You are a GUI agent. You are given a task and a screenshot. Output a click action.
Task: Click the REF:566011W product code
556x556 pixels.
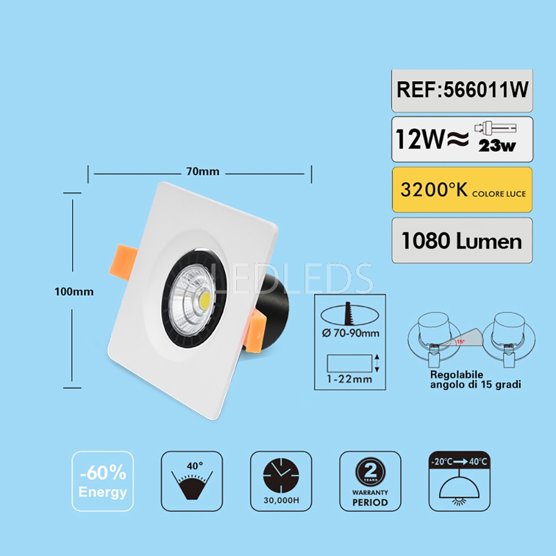pos(463,90)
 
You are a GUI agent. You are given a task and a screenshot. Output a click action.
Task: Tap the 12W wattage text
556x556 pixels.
pos(420,140)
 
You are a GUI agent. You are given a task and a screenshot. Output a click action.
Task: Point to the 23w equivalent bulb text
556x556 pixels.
pos(497,145)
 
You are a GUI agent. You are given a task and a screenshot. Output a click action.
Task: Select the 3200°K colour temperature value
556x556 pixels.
pos(434,190)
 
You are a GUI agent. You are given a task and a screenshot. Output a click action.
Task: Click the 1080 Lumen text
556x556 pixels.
pos(461,241)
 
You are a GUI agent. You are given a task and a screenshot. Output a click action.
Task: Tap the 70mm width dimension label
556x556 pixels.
pos(203,172)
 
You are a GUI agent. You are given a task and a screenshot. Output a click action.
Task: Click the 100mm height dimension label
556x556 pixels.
pos(74,292)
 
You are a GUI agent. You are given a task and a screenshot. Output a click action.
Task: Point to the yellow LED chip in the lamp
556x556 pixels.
pos(205,300)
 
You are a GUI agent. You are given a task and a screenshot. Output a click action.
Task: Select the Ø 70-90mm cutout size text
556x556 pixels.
pos(351,333)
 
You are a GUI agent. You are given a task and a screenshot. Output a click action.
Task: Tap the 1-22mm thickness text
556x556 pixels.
pos(349,379)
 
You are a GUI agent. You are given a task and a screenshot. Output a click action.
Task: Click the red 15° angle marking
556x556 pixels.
pos(460,342)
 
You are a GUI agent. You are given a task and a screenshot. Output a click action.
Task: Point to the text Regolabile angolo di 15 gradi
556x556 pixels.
pos(475,379)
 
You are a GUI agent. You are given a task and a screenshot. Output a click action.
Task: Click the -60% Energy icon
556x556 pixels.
pos(102,481)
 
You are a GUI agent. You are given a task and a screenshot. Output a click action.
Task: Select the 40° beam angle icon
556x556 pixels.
pos(192,481)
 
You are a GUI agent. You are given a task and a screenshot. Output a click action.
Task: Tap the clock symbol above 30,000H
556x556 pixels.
pos(281,475)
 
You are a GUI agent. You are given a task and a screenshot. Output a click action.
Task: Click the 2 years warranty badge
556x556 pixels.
pos(370,473)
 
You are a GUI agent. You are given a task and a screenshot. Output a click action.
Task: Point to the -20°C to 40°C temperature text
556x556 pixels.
pos(459,461)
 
